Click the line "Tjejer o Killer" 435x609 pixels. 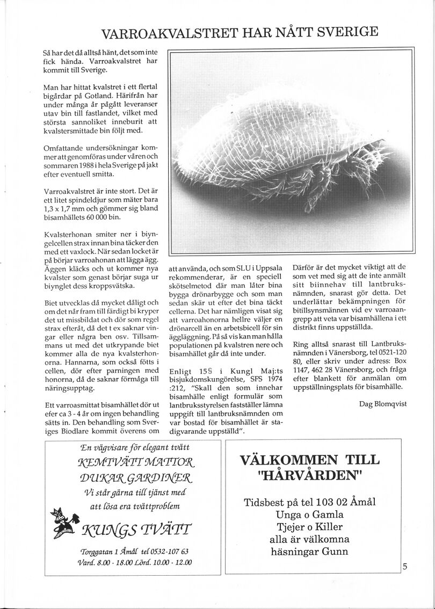(x=309, y=527)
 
